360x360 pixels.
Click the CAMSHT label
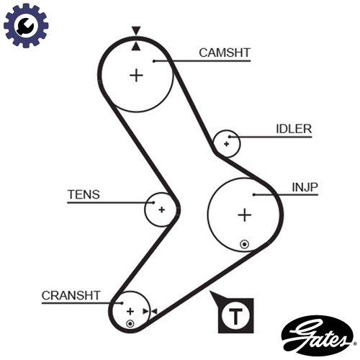coord(225,53)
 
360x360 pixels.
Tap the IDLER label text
coord(294,129)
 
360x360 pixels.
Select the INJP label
coord(305,187)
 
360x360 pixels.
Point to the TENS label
coord(84,194)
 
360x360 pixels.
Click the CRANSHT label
coord(71,295)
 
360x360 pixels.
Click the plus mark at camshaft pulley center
coord(136,76)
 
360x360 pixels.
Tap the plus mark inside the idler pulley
coord(226,144)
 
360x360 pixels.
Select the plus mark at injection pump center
coord(245,215)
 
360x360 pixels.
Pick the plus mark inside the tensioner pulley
coord(162,210)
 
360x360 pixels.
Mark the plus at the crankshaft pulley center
coord(130,312)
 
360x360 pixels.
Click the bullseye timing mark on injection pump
coord(245,245)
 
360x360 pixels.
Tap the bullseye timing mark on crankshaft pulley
coord(130,324)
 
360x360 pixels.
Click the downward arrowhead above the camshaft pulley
coord(136,30)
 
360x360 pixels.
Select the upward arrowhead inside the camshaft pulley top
coord(136,46)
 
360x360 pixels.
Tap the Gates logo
coord(318,336)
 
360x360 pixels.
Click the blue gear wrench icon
coord(26,25)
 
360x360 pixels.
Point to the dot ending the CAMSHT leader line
coord(154,61)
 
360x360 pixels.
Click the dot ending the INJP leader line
coord(254,194)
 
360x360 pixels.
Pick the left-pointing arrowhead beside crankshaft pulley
coord(154,312)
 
